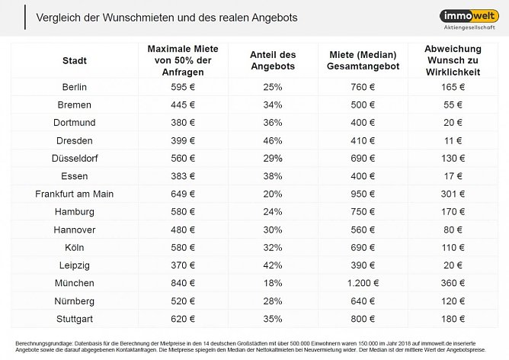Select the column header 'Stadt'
(74, 60)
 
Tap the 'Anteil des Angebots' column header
(273, 60)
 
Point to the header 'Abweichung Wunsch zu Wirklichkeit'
(453, 60)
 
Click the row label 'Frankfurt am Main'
(74, 194)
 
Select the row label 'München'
(74, 282)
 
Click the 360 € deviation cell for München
(453, 282)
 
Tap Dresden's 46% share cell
(273, 140)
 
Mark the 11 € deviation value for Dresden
(453, 140)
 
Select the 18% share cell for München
(273, 282)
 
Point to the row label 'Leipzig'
(74, 265)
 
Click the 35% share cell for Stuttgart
(273, 317)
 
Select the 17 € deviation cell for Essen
(453, 175)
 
